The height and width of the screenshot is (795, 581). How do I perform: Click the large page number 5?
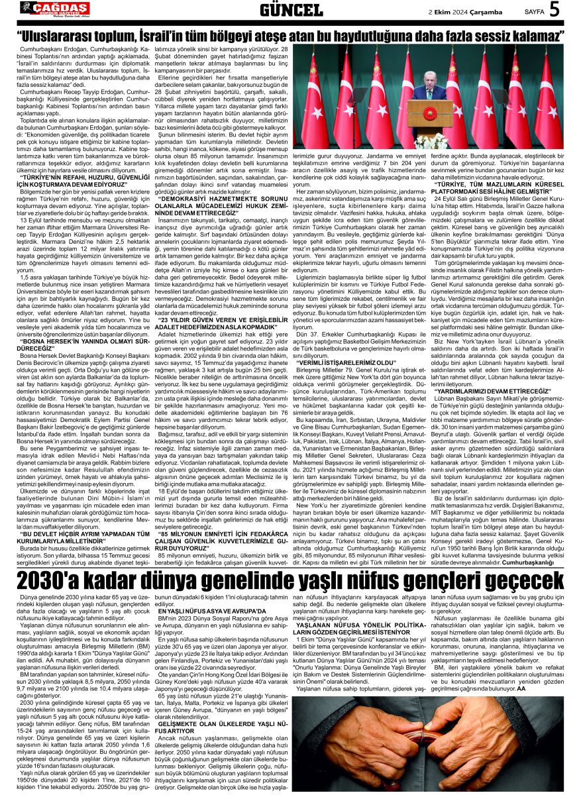[x=553, y=10]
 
